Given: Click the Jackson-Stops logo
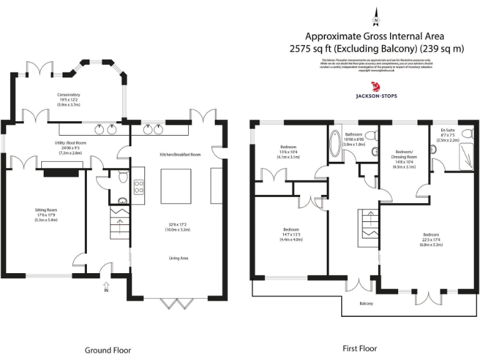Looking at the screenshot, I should pyautogui.click(x=376, y=89).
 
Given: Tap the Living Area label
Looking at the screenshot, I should pyautogui.click(x=179, y=257).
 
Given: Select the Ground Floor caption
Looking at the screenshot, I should pyautogui.click(x=108, y=350).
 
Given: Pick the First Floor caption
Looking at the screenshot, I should pyautogui.click(x=360, y=348).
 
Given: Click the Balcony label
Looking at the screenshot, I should pyautogui.click(x=366, y=304).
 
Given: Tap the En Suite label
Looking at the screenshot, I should pyautogui.click(x=447, y=130).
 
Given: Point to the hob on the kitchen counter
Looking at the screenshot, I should pyautogui.click(x=138, y=187).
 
